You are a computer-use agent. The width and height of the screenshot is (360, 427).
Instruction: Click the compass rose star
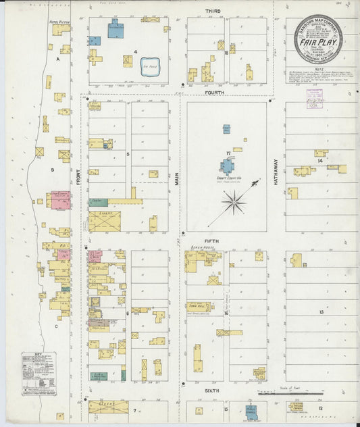click(x=234, y=201)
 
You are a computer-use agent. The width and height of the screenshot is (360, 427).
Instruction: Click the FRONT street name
click(x=78, y=178)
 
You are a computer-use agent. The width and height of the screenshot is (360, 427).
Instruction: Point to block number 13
click(x=322, y=311)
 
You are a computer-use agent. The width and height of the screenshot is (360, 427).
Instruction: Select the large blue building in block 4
click(x=116, y=30)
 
